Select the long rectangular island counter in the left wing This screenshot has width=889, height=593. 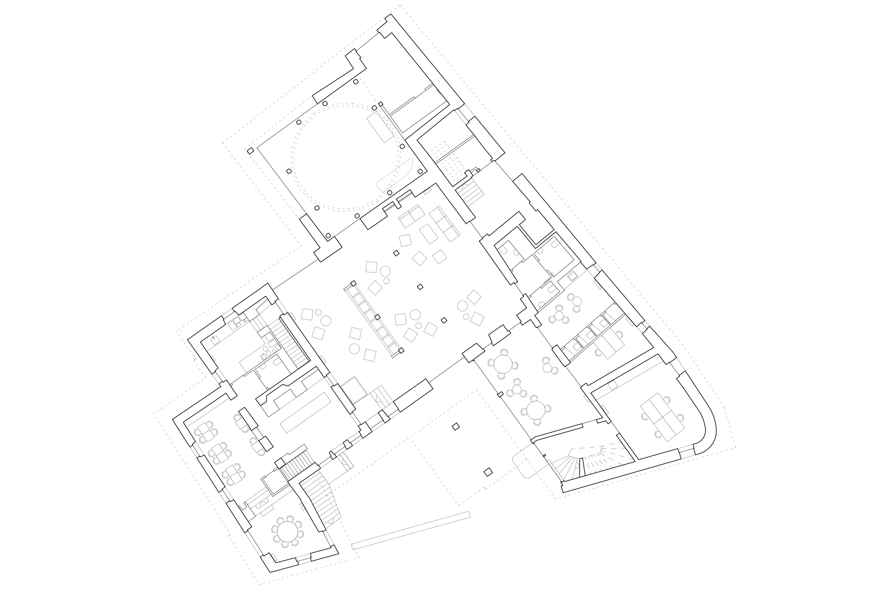(305, 413)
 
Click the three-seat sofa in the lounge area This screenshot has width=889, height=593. (445, 224)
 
